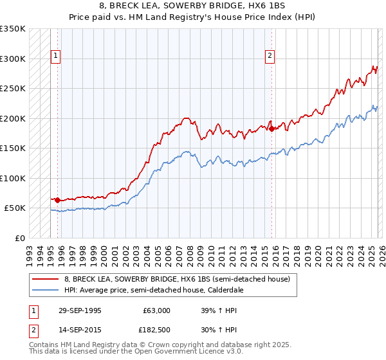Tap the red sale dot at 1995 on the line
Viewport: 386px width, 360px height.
pyautogui.click(x=58, y=201)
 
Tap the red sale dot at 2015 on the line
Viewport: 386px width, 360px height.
pyautogui.click(x=271, y=129)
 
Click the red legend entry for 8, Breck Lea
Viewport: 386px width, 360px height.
pyautogui.click(x=178, y=279)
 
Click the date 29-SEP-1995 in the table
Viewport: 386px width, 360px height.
pyautogui.click(x=79, y=310)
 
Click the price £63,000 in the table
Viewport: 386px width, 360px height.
pyautogui.click(x=156, y=310)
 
